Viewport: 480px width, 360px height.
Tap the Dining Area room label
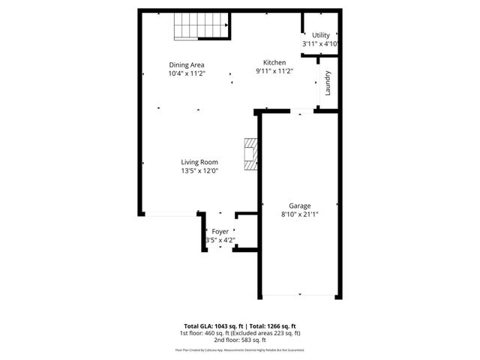(x=187, y=64)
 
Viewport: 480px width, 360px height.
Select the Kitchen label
(x=274, y=62)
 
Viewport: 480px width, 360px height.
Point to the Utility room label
(x=321, y=35)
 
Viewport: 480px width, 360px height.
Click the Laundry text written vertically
(x=328, y=82)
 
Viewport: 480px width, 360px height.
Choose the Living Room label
(x=199, y=162)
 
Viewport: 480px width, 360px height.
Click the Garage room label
(x=300, y=205)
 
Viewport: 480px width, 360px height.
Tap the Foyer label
(x=220, y=232)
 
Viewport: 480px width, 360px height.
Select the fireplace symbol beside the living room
(x=250, y=155)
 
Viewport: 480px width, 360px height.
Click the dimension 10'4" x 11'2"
(x=187, y=73)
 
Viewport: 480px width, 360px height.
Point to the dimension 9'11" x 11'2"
(x=274, y=71)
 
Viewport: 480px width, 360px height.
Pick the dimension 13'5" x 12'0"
(x=199, y=171)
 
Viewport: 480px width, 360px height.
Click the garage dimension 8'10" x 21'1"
(x=300, y=214)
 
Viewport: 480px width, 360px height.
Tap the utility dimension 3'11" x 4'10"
(x=321, y=44)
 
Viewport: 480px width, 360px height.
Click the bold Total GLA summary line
(x=240, y=325)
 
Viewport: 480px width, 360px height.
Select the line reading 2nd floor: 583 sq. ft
(x=240, y=339)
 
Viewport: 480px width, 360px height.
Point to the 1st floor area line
(x=240, y=332)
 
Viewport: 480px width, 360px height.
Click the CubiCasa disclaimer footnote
(x=240, y=349)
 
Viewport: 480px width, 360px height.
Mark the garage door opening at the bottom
(x=298, y=295)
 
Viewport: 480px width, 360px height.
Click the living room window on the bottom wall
(x=171, y=214)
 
